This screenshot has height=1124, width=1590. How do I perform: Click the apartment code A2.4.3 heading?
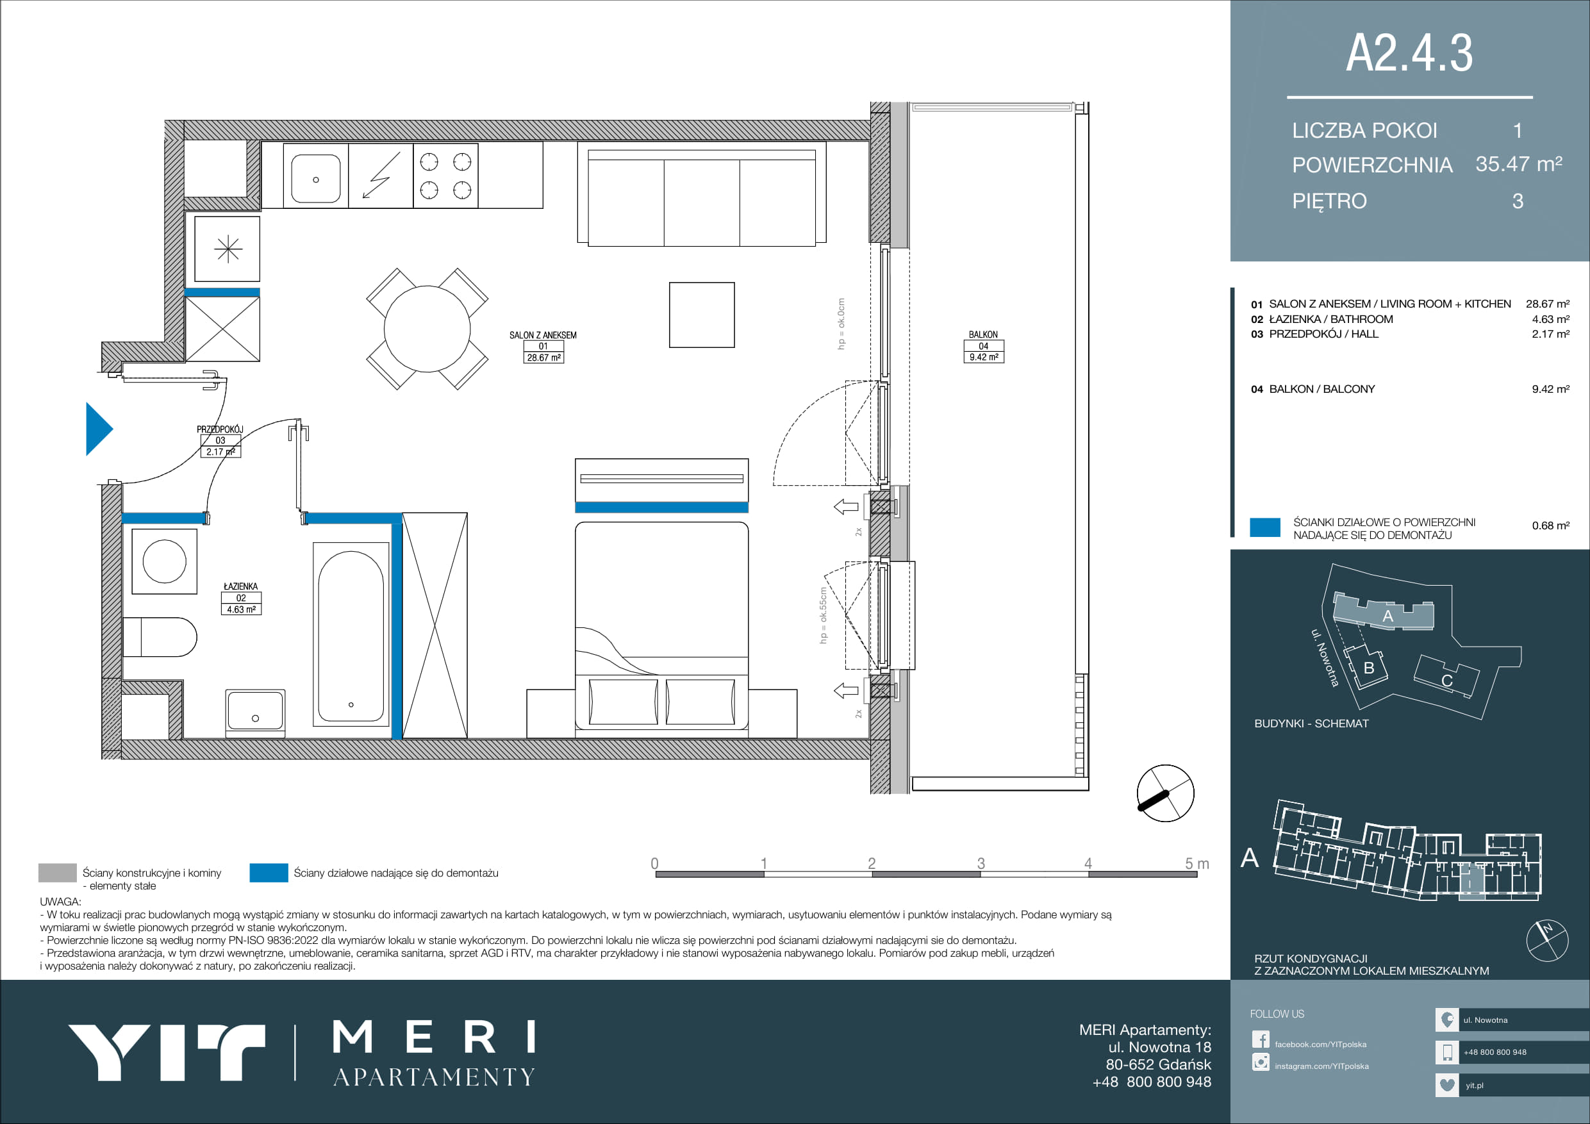point(1409,53)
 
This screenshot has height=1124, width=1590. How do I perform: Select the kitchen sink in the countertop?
point(316,179)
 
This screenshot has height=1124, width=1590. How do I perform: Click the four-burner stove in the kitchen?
point(445,176)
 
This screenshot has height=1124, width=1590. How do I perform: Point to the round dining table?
point(427,329)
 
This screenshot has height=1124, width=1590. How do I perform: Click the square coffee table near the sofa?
point(702,315)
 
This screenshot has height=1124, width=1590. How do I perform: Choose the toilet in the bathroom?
point(160,637)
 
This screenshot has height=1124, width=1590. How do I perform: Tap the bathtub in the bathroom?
point(351,634)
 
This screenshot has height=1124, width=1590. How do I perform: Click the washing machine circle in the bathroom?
point(164,561)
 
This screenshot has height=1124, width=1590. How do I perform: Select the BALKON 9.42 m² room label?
point(983,346)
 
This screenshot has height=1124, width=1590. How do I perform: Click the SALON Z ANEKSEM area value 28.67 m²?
point(543,358)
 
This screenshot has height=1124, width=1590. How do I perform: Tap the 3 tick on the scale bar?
point(981,864)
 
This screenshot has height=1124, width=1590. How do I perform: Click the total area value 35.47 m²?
point(1519,164)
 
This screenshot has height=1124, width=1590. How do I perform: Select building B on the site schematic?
point(1367,666)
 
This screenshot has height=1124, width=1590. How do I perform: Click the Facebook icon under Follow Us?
point(1261,1039)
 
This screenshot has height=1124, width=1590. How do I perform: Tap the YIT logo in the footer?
point(166,1053)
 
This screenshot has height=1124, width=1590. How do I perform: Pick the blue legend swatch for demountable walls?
point(269,873)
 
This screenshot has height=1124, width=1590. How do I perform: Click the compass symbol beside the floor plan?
point(1166,793)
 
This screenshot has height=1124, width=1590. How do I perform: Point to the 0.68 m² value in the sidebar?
point(1550,525)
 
